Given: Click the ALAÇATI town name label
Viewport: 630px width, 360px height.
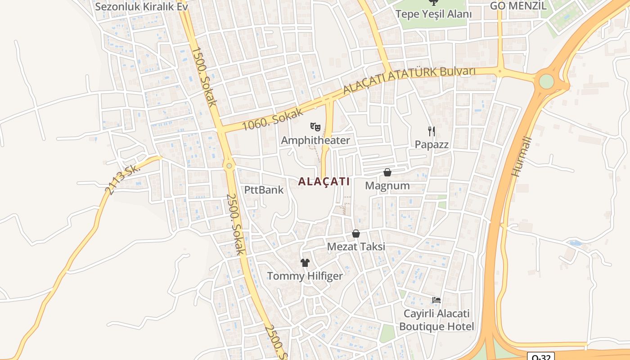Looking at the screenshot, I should coord(324,181).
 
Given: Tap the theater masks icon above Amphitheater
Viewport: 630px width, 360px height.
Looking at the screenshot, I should coord(315,127).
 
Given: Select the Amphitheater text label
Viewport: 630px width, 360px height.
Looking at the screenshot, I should coord(315,140).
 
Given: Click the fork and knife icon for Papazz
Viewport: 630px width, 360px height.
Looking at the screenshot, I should coord(432,131).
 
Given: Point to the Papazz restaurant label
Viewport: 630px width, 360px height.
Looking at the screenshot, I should coord(432,144).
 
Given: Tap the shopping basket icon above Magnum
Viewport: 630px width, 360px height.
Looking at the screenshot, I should coord(387,172).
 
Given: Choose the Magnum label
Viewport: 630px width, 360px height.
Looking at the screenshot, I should coord(387,185).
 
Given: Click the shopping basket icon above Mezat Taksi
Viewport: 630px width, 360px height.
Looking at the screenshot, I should coord(356,234).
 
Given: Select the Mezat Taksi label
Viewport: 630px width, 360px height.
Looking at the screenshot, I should coord(356,247).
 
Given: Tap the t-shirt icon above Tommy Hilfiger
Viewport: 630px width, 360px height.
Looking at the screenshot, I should coord(305,263).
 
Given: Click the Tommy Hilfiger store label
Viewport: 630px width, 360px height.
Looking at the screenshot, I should coord(305,276).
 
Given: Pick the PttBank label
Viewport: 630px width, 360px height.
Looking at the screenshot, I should coord(264,189).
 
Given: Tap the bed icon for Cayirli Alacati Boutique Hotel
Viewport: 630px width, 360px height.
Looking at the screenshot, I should coord(436,300).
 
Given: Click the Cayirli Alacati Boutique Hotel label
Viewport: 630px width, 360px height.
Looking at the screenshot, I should coord(436,320).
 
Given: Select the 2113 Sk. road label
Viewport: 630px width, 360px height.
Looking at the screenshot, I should coord(122,178).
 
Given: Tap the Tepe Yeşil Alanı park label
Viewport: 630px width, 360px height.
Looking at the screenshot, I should coord(433,14).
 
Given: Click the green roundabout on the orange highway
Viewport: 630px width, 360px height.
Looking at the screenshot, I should coord(546,81).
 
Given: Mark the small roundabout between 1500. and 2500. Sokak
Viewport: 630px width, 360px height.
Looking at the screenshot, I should coord(229,166).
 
